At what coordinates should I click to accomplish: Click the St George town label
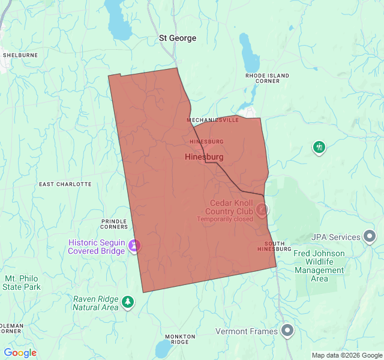(178, 38)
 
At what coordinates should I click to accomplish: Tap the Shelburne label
(20, 55)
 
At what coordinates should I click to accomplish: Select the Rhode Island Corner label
(267, 78)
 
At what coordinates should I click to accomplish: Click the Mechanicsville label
(212, 120)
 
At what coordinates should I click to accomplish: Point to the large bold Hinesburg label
(205, 157)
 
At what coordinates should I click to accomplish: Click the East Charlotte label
(65, 184)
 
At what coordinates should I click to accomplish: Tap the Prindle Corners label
(114, 223)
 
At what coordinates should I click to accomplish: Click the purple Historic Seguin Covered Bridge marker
(136, 245)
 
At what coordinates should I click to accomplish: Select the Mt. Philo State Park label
(22, 283)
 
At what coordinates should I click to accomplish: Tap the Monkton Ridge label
(180, 339)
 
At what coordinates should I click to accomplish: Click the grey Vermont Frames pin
(288, 331)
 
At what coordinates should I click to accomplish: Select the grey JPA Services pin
(370, 236)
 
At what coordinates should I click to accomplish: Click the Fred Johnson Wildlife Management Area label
(319, 266)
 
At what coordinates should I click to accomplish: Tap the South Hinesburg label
(274, 246)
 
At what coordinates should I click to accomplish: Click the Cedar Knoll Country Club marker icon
(262, 209)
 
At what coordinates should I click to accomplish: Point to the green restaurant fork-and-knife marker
(319, 147)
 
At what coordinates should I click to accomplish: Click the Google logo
(20, 353)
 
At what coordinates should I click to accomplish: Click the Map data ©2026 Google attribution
(347, 355)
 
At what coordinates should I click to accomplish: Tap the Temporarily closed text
(225, 219)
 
